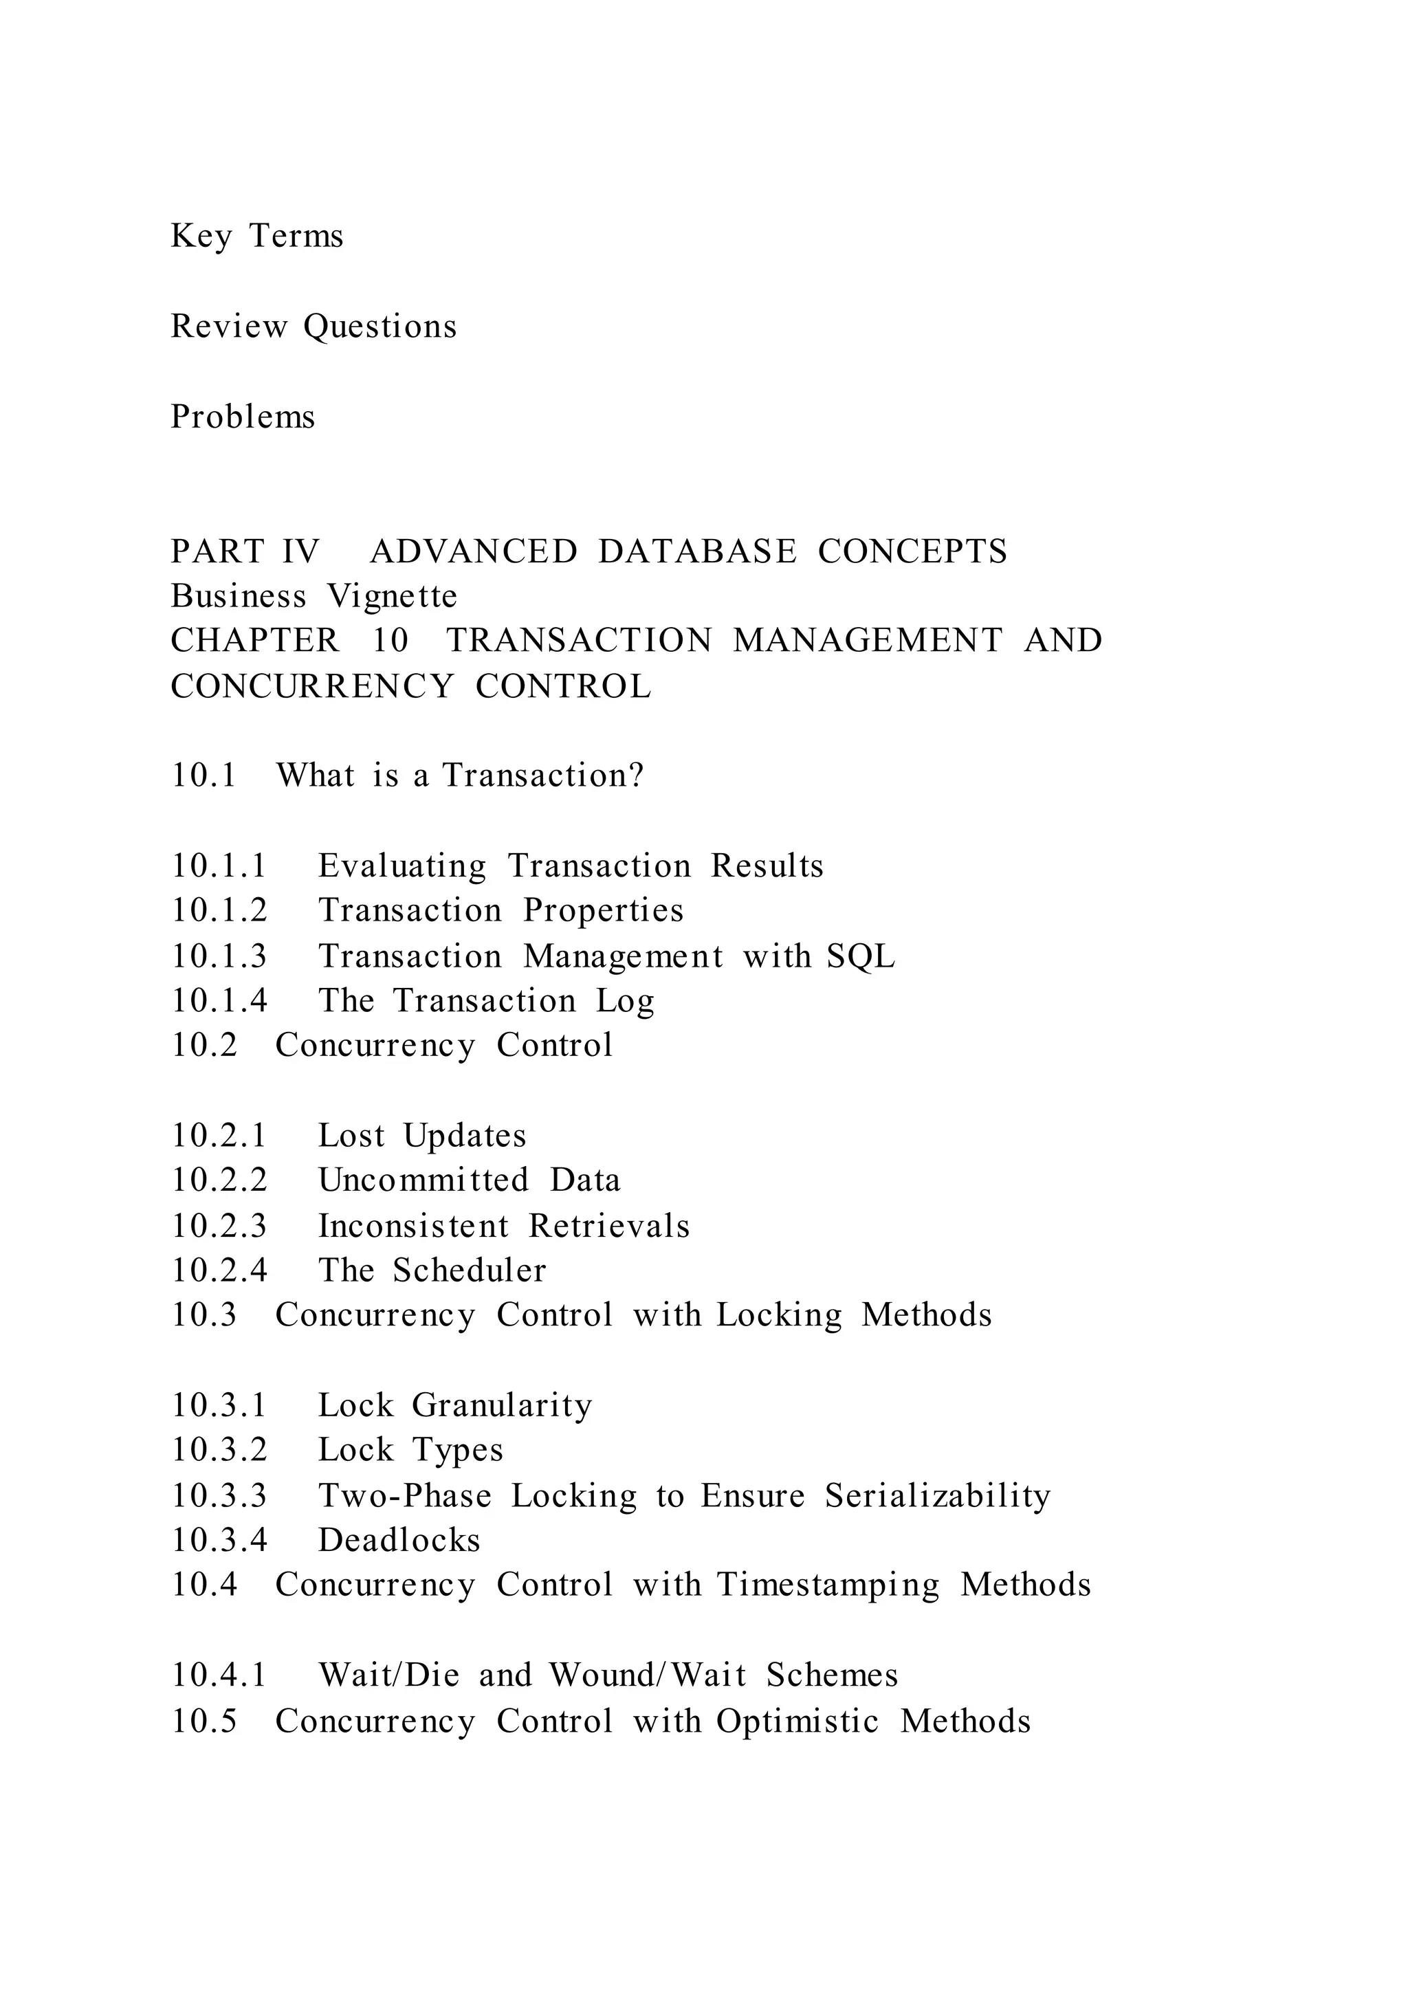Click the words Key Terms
pyautogui.click(x=256, y=236)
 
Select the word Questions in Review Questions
pyautogui.click(x=379, y=326)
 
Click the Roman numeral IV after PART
pyautogui.click(x=300, y=551)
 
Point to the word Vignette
pyautogui.click(x=392, y=596)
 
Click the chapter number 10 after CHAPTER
pyautogui.click(x=390, y=640)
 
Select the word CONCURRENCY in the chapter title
pyautogui.click(x=312, y=686)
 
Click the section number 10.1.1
pyautogui.click(x=219, y=866)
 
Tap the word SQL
pyautogui.click(x=860, y=956)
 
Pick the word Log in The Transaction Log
pyautogui.click(x=625, y=1001)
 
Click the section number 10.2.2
pyautogui.click(x=219, y=1180)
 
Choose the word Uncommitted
pyautogui.click(x=423, y=1180)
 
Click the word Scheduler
pyautogui.click(x=469, y=1270)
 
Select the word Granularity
pyautogui.click(x=501, y=1405)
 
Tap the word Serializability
pyautogui.click(x=937, y=1495)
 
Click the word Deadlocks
pyautogui.click(x=399, y=1540)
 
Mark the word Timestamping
pyautogui.click(x=827, y=1585)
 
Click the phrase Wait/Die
pyautogui.click(x=388, y=1675)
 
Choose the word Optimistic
pyautogui.click(x=797, y=1720)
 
